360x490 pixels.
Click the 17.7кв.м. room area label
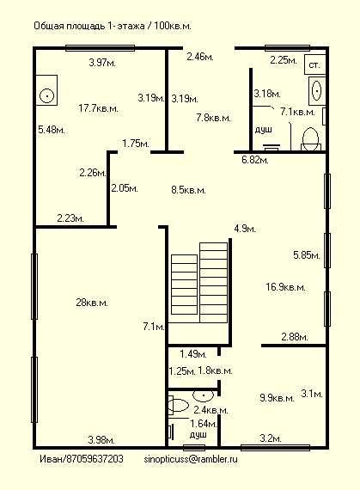[98, 108]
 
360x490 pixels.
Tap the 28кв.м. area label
[92, 303]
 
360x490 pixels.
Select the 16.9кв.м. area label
[285, 286]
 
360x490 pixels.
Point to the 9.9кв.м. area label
[277, 398]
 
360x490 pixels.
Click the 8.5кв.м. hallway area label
[188, 190]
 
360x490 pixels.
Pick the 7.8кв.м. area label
[214, 118]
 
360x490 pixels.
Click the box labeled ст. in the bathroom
[314, 64]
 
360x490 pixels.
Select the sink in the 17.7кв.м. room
[46, 90]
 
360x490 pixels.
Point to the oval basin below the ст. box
[316, 90]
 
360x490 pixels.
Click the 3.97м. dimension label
[102, 63]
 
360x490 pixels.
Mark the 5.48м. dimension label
[52, 129]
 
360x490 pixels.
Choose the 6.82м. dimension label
[255, 160]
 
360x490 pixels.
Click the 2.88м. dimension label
[295, 337]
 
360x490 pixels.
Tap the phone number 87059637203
[95, 459]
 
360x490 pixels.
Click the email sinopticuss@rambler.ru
[191, 459]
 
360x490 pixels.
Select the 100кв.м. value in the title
[173, 26]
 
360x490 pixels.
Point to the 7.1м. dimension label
[154, 327]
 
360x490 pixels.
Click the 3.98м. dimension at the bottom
[101, 440]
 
